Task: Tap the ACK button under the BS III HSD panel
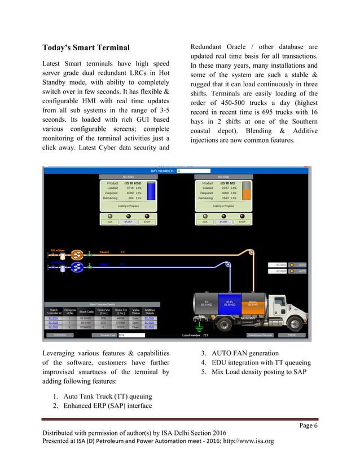coord(110,222)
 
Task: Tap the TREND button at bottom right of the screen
coord(292,335)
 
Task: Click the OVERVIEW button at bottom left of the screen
coord(60,335)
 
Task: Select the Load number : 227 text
coord(196,335)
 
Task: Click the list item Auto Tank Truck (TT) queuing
coord(99,396)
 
